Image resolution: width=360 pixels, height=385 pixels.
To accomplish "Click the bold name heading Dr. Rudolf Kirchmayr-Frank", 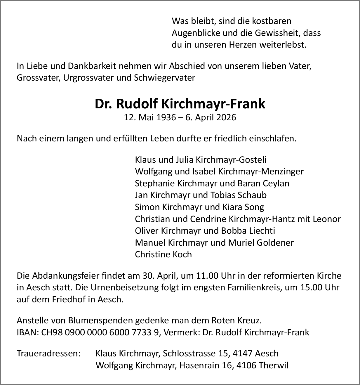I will coord(180,104).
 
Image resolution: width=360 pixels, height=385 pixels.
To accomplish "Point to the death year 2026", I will coord(225,117).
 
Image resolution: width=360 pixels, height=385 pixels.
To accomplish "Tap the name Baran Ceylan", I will coord(264,183).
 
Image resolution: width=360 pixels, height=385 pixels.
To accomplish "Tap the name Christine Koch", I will coord(163,254).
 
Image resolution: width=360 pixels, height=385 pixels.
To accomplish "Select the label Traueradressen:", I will coord(48,353).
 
